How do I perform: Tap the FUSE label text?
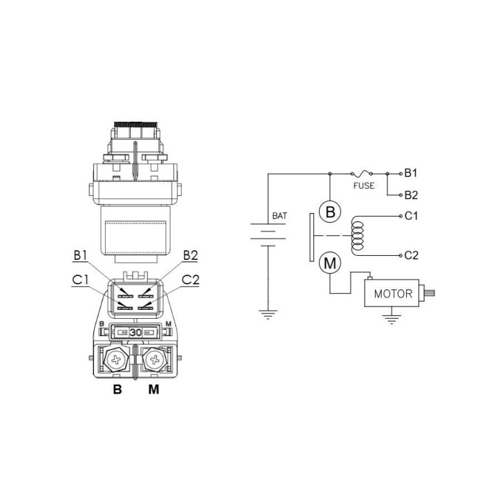364,186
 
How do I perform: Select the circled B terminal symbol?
330,212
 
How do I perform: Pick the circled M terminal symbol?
330,264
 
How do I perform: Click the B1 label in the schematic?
411,173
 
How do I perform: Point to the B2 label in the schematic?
411,195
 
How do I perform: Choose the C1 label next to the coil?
411,216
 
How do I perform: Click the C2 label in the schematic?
412,255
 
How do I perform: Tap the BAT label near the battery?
279,216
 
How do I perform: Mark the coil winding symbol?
358,236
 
